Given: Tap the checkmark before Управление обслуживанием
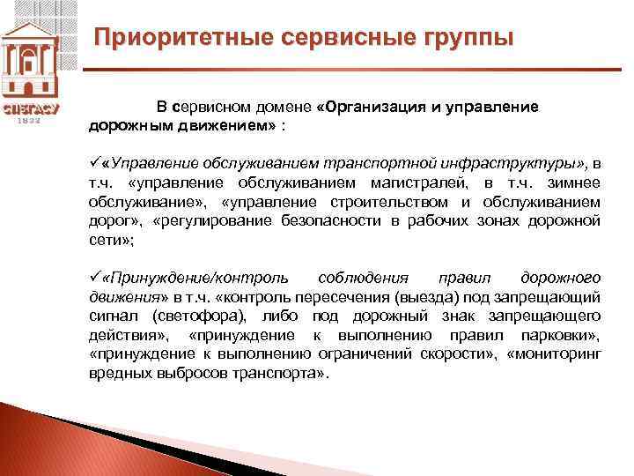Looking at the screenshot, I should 94,164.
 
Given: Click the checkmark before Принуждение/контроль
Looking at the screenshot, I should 94,277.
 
